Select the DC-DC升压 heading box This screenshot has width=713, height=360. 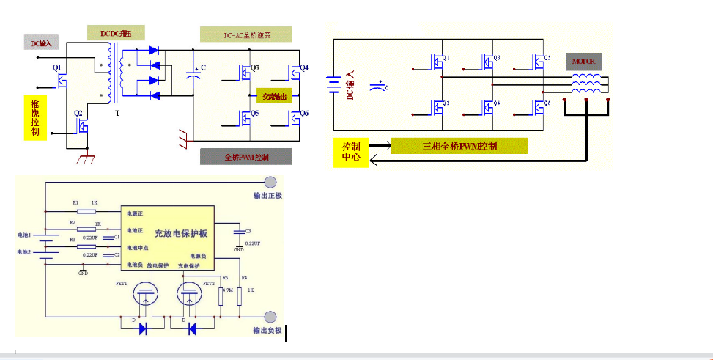click(x=117, y=33)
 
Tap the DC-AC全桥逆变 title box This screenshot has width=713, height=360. click(x=245, y=34)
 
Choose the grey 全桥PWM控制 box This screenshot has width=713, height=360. click(x=245, y=157)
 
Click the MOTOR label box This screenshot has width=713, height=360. click(x=583, y=61)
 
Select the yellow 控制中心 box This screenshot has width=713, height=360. click(x=351, y=151)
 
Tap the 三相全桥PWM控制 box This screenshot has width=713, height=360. click(x=459, y=146)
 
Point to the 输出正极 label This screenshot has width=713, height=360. click(x=267, y=196)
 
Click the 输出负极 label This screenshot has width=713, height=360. click(x=267, y=331)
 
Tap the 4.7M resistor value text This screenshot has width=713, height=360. click(x=227, y=290)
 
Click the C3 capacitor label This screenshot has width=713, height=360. click(x=248, y=231)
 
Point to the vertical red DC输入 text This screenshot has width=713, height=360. click(x=350, y=85)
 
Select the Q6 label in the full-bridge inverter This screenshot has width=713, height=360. click(x=305, y=114)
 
